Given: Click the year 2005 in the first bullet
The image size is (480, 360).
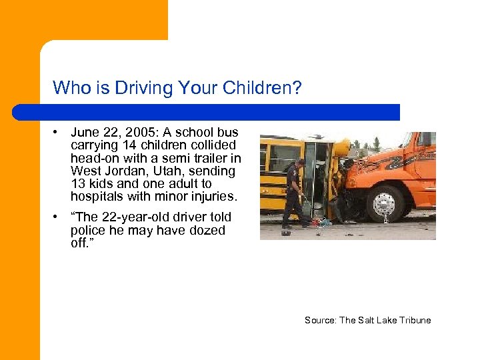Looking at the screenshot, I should coord(142,133).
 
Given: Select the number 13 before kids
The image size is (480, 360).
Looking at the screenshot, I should coord(79,183).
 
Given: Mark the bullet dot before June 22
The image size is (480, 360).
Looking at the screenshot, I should coord(58,133).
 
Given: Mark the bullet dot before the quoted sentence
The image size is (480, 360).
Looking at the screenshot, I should coord(58,217).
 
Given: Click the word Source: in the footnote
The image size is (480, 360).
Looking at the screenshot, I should coord(321,320).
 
